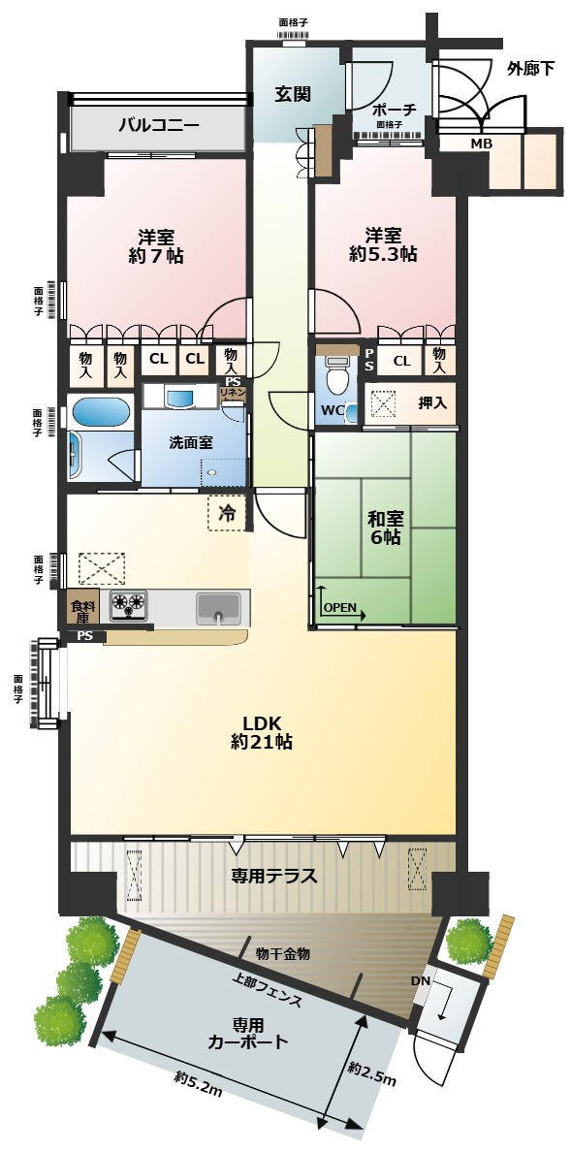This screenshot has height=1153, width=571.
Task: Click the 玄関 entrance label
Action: [293, 94]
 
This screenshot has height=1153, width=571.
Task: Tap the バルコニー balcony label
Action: [159, 125]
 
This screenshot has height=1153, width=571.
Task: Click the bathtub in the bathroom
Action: [101, 412]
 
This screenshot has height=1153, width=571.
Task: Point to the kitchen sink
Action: [217, 608]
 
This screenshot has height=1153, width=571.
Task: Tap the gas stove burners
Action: [129, 604]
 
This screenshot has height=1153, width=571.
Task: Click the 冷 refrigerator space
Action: [228, 513]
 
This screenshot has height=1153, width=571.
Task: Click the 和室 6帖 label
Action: [385, 528]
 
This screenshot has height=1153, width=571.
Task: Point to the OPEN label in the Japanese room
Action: [340, 608]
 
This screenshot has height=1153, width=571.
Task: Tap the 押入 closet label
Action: [431, 403]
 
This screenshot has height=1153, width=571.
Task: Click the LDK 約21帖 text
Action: [262, 731]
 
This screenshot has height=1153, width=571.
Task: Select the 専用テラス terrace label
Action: [274, 876]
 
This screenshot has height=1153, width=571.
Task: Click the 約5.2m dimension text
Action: [199, 1083]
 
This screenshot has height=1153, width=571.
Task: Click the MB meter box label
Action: [482, 144]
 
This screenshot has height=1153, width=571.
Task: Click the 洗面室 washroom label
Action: [191, 442]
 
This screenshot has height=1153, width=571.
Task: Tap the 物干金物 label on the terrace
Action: [283, 954]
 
